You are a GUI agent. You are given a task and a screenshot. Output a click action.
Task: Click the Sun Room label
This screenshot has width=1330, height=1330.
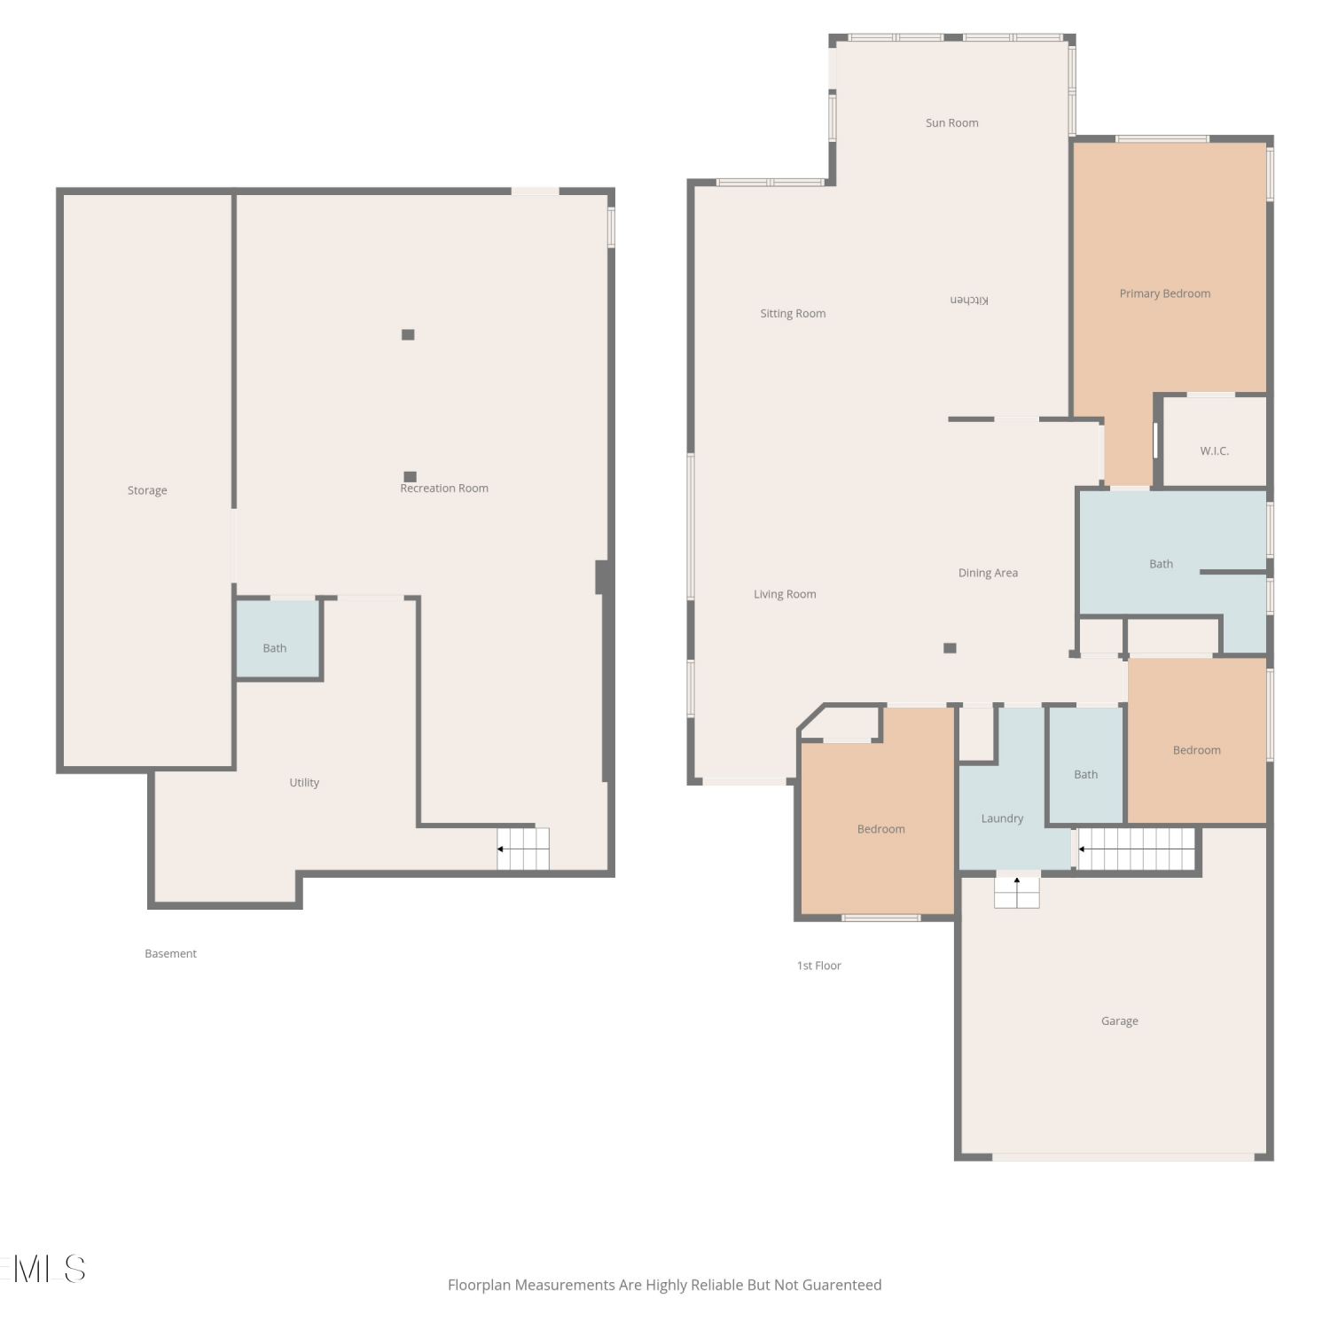click(951, 123)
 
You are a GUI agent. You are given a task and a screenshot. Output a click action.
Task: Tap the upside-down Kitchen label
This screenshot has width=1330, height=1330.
click(969, 300)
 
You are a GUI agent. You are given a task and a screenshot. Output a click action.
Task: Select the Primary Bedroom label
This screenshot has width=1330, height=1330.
click(1164, 293)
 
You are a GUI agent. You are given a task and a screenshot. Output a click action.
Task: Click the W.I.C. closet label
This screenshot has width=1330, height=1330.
click(1214, 451)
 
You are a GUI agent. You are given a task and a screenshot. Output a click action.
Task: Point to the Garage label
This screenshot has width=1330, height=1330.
click(1119, 1021)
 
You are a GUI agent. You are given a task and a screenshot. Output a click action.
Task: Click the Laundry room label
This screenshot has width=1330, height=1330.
click(1002, 818)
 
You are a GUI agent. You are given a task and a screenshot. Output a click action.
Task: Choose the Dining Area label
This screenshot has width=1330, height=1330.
click(988, 573)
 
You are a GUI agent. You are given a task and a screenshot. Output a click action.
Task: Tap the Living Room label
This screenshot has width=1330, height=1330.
click(785, 594)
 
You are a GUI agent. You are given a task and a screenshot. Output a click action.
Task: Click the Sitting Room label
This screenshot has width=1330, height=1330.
click(793, 314)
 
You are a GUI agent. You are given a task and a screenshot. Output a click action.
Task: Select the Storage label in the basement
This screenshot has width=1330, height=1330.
click(147, 490)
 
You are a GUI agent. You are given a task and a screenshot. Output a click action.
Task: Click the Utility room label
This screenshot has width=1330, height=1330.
click(304, 782)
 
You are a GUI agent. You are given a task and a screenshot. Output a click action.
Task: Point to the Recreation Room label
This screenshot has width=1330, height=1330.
click(444, 489)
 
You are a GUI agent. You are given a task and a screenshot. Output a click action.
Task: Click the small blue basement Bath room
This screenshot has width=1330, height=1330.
click(278, 639)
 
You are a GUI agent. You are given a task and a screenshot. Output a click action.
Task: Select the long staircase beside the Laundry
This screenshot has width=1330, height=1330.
click(1136, 849)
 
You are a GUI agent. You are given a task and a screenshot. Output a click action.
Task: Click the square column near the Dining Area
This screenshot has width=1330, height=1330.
click(950, 648)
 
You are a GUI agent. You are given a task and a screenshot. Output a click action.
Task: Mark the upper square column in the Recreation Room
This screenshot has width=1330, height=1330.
click(408, 334)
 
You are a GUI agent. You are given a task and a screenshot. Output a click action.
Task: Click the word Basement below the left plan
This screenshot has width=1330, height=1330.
click(170, 954)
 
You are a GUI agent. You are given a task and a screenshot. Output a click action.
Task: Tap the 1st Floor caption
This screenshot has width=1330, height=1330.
click(818, 966)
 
